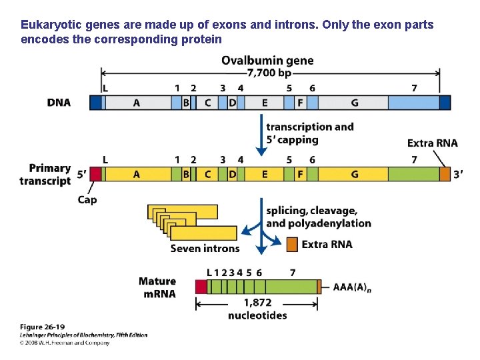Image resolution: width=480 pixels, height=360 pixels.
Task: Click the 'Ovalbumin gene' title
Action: pos(267,61)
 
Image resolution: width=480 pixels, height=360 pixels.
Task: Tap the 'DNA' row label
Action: pos(59,103)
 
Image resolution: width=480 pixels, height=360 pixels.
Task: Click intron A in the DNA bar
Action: pos(137,103)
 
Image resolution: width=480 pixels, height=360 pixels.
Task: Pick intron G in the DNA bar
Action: pos(354,103)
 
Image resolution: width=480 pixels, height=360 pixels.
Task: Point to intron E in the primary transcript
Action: pos(265,174)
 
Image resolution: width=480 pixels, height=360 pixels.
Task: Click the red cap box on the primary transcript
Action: pos(95,174)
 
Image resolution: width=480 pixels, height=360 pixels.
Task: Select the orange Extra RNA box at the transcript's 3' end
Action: pos(445,174)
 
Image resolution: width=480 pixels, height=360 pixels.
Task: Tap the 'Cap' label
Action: pos(87,200)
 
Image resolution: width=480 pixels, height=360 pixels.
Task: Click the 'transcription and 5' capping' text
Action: pos(309,133)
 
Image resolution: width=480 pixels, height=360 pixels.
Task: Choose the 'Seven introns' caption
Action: pos(205,249)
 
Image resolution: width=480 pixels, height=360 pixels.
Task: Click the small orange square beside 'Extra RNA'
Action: pos(292,245)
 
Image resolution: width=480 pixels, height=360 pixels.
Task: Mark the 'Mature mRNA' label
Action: pos(157,287)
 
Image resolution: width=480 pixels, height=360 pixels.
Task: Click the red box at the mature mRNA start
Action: pos(201,287)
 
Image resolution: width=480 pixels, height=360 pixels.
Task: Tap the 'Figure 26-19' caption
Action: pos(41,327)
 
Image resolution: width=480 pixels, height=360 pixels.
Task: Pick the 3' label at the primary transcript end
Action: pos(459,174)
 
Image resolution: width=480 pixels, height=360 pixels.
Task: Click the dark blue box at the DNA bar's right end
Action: pos(445,103)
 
